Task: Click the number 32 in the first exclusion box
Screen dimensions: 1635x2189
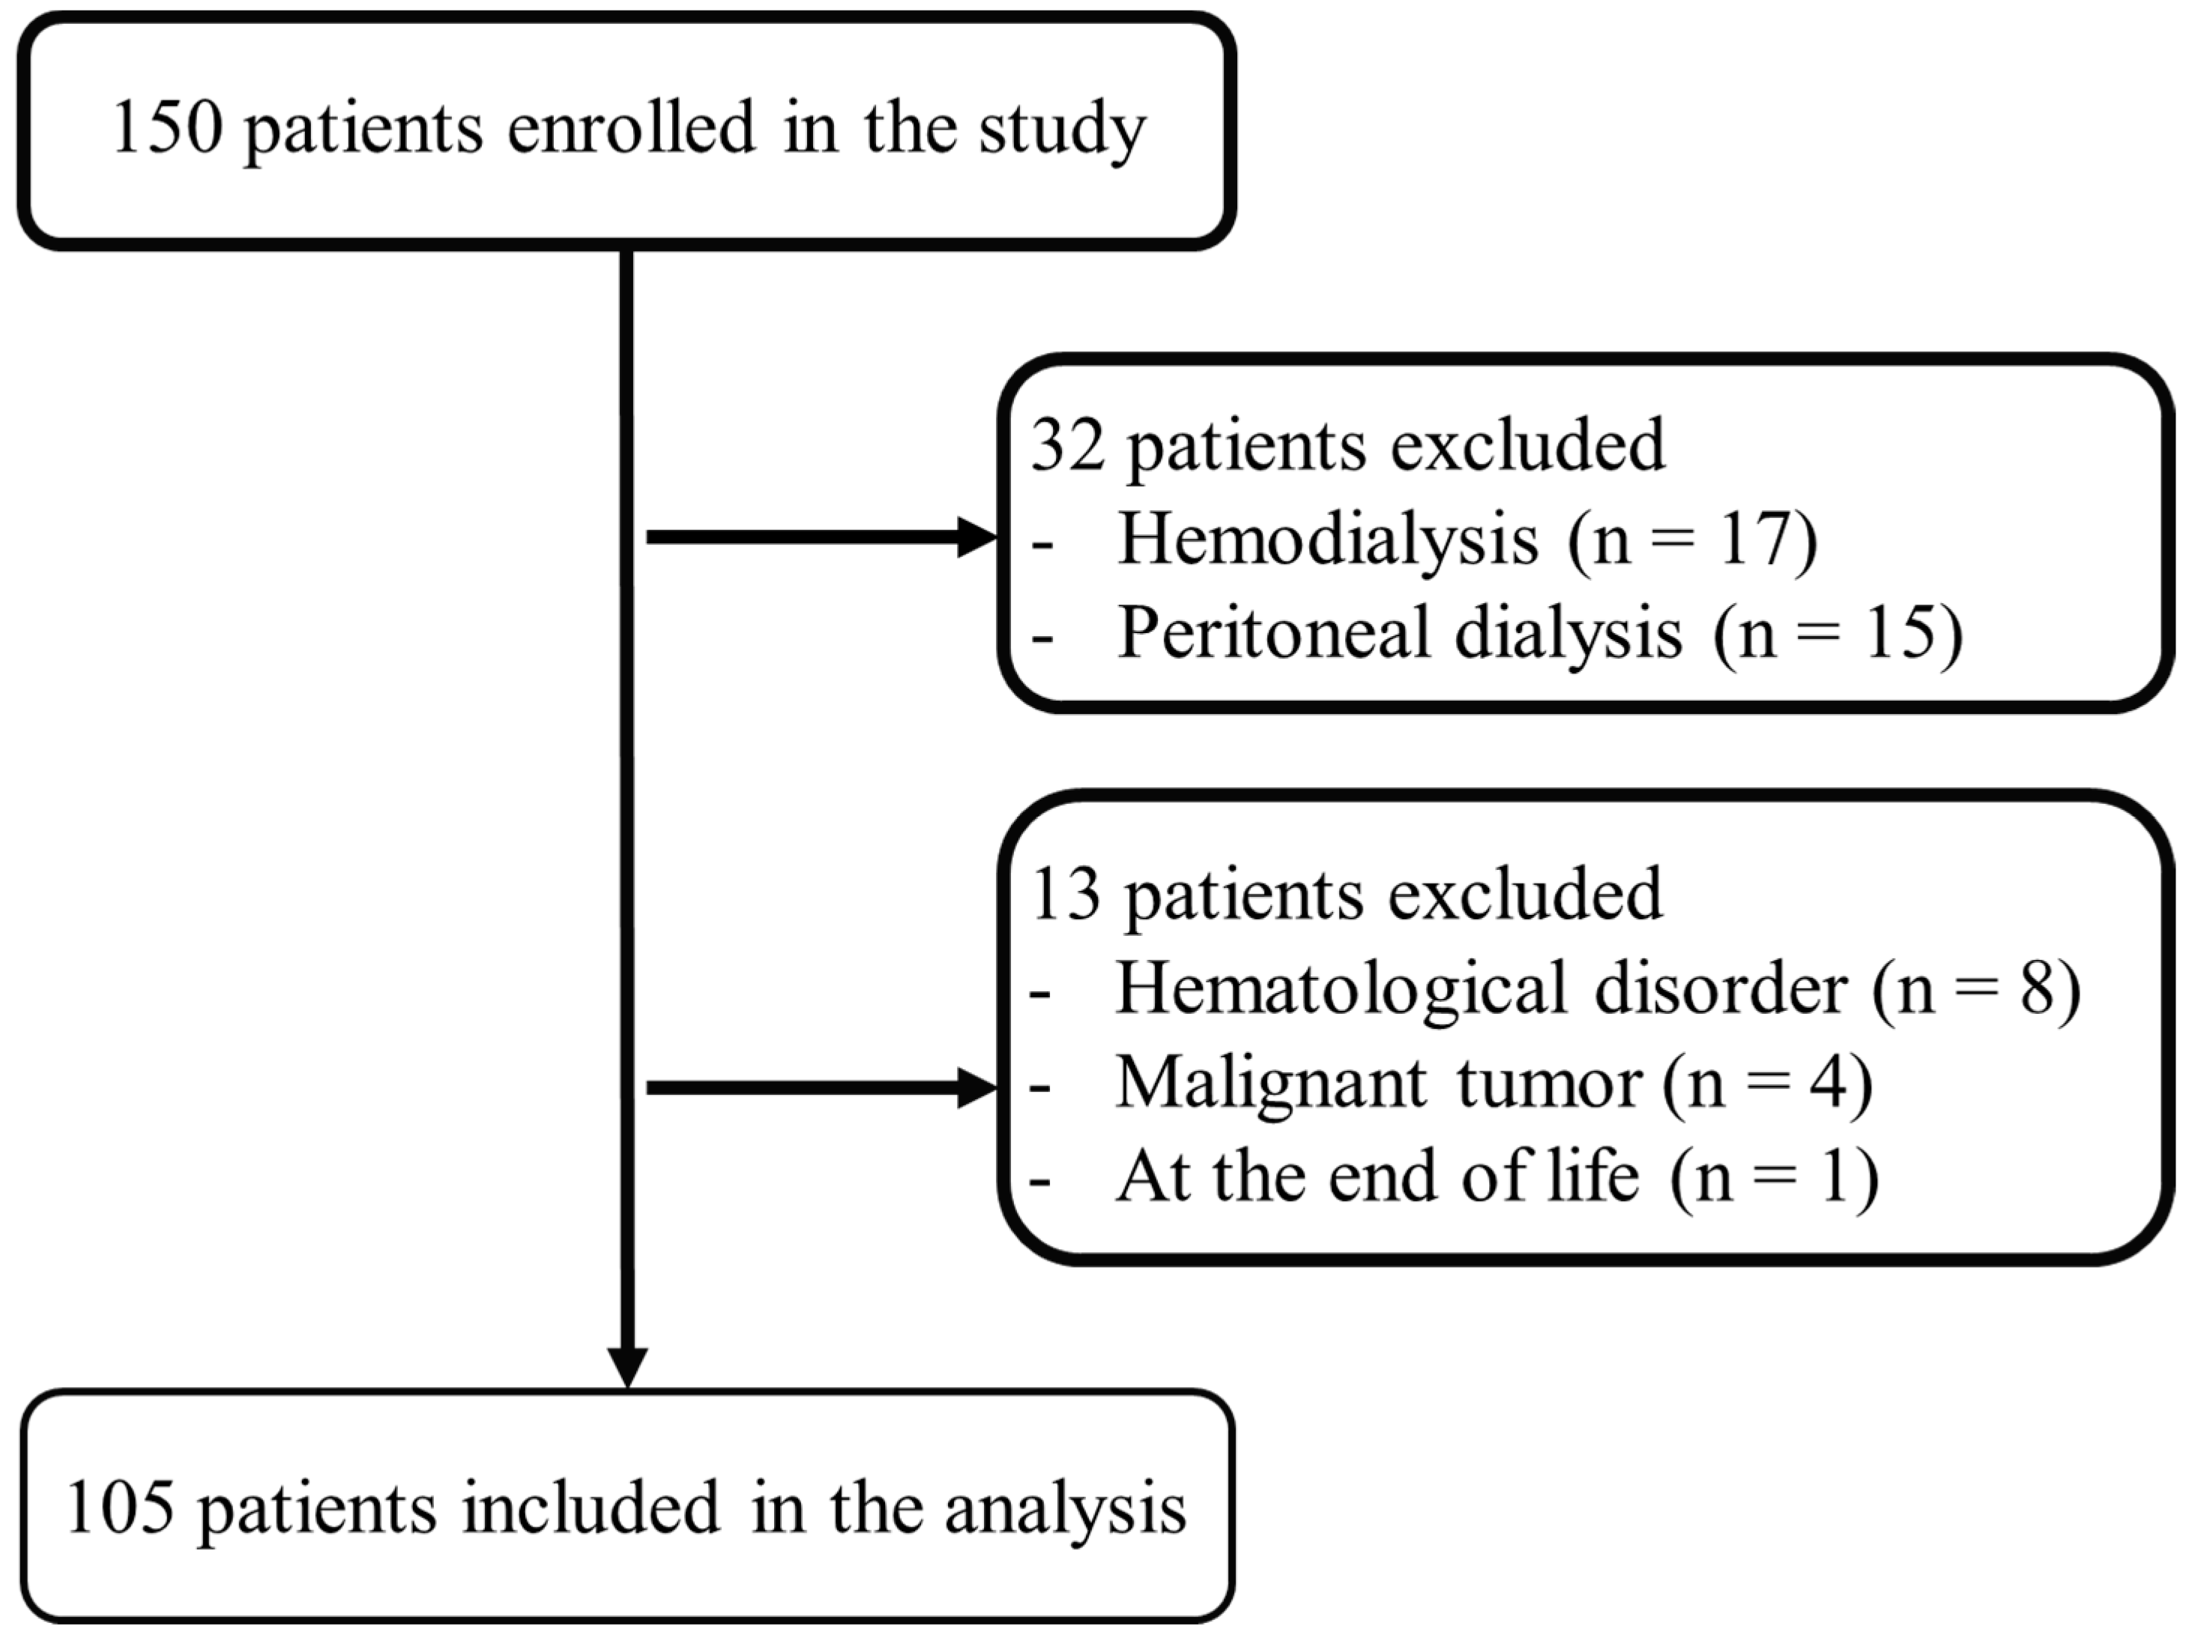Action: pyautogui.click(x=1067, y=445)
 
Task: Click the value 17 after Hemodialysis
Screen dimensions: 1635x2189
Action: pyautogui.click(x=1756, y=540)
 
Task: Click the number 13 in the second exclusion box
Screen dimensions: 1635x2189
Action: pyautogui.click(x=1065, y=895)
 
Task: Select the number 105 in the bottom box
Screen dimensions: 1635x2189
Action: pyautogui.click(x=121, y=1508)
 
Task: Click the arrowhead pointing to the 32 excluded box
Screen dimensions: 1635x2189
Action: pyautogui.click(x=978, y=537)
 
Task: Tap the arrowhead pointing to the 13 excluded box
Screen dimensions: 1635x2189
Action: pyautogui.click(x=978, y=1089)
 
